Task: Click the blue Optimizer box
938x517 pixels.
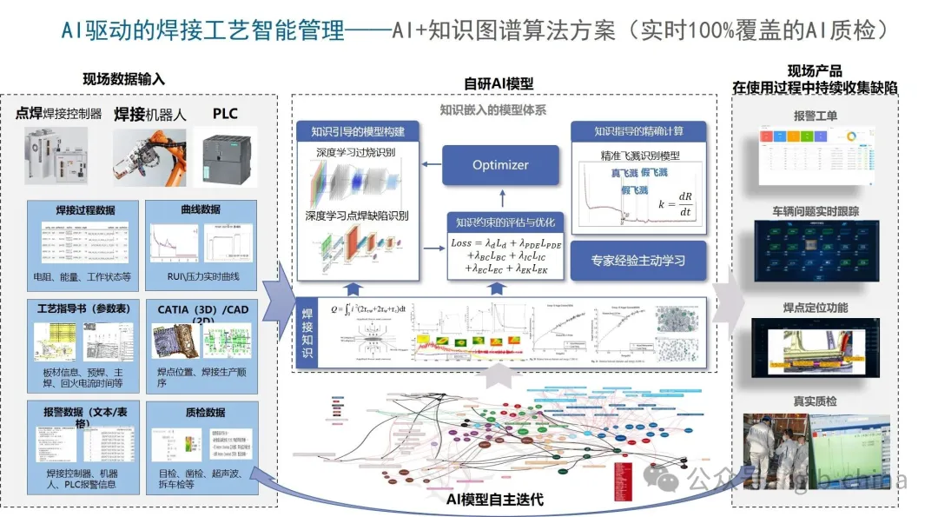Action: [x=500, y=165]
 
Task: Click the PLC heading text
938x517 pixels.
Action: [x=225, y=114]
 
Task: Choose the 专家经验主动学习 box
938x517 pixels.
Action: [x=637, y=260]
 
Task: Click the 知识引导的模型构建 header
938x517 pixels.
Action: [x=357, y=132]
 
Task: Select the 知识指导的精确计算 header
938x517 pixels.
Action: [x=638, y=131]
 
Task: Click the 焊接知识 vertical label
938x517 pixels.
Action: [x=307, y=333]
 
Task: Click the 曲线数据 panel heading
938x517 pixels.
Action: [x=199, y=209]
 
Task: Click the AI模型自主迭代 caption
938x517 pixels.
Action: [x=495, y=499]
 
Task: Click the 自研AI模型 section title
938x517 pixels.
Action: [x=499, y=84]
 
